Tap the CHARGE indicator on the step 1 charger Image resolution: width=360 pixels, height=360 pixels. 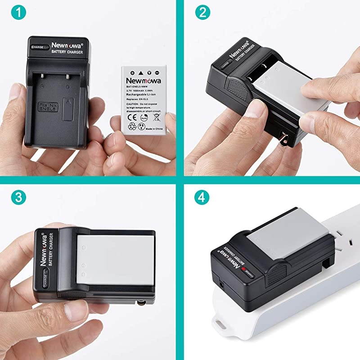(x=38, y=47)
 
